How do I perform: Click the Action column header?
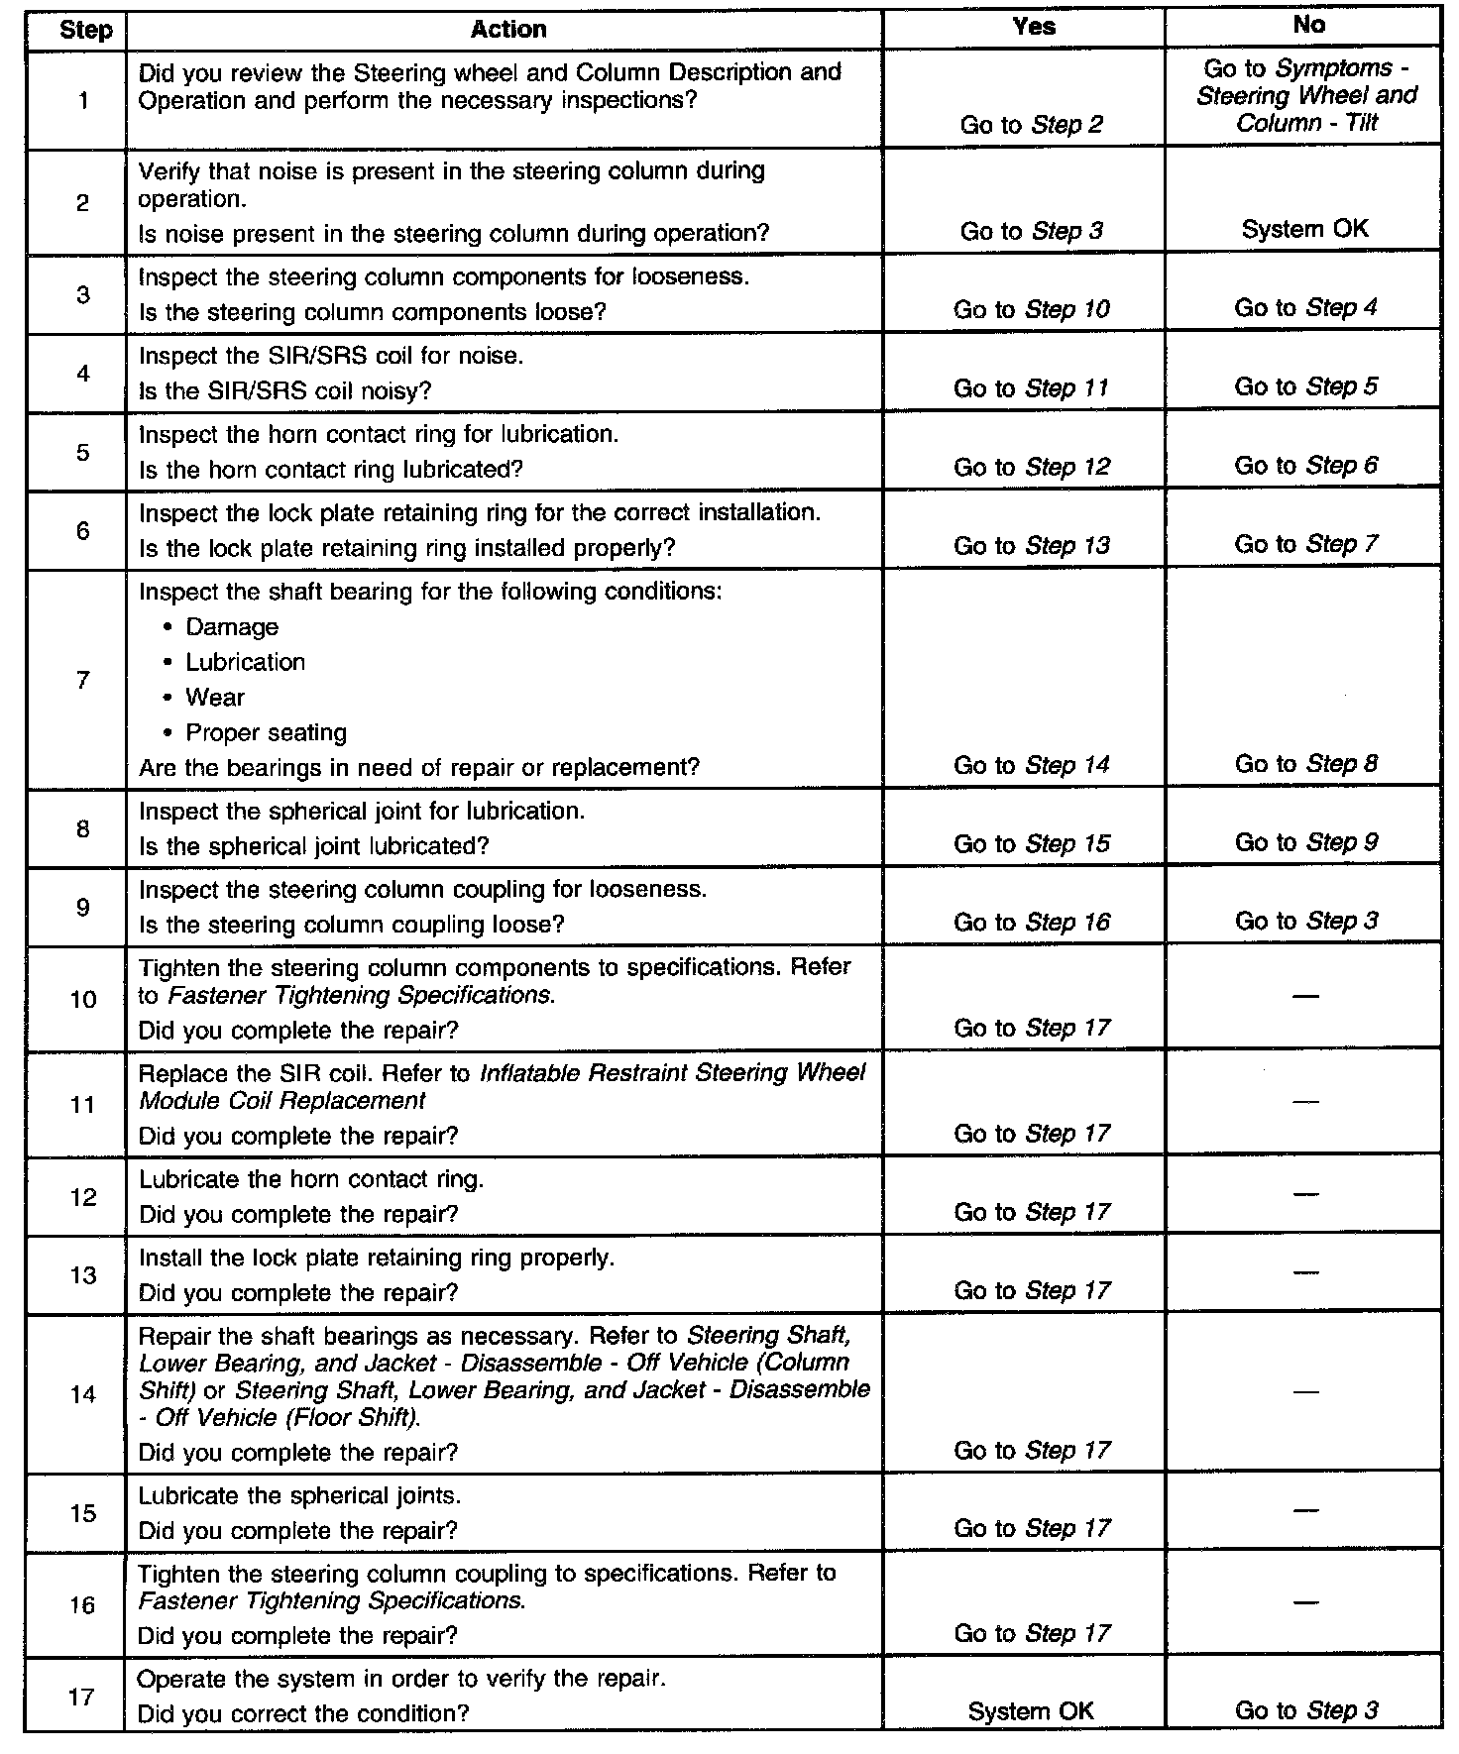507,30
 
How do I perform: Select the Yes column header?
1033,28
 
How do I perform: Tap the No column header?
1308,26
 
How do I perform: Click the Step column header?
85,30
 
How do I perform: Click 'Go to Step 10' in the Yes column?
1031,309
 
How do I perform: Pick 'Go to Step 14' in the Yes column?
1031,765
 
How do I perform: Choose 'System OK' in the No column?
1304,229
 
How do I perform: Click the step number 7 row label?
83,680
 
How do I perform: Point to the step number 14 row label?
83,1394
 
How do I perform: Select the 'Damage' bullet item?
232,627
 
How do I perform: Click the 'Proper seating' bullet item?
266,733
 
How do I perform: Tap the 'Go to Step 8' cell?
1305,764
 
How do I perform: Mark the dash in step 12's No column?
1306,1194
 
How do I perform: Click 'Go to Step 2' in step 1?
1031,125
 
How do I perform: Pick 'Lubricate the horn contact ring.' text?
311,1179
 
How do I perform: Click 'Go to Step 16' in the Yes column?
1031,923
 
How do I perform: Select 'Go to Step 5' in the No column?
1305,386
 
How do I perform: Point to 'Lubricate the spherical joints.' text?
299,1495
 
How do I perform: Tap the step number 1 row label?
83,100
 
